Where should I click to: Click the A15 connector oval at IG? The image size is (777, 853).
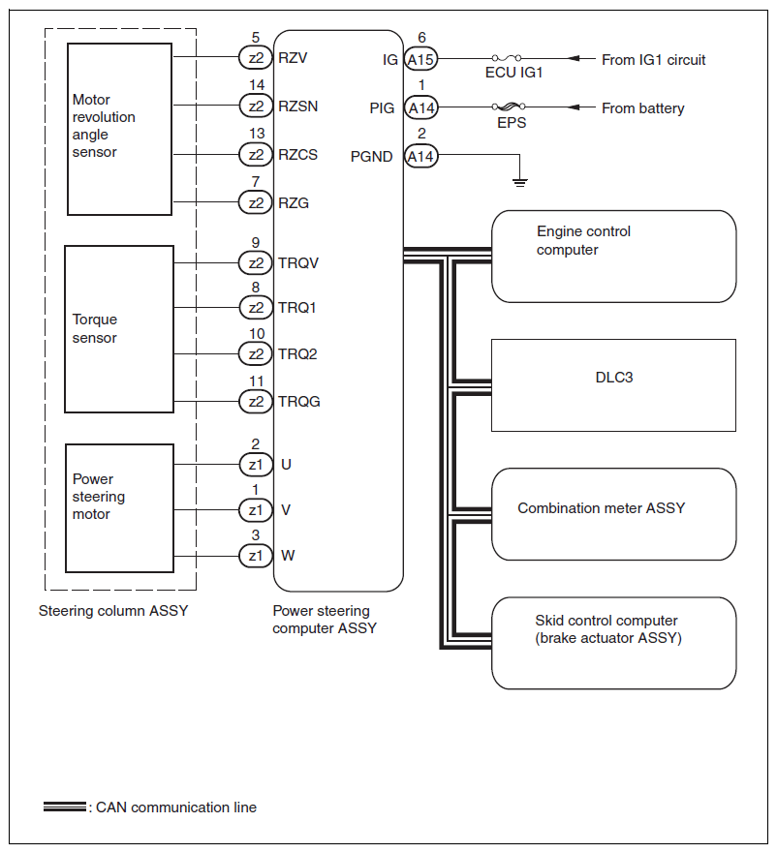click(x=420, y=59)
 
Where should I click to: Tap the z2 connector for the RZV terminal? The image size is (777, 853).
click(x=256, y=58)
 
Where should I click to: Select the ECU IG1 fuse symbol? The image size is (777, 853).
click(x=507, y=58)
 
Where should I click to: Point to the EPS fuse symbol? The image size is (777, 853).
click(x=509, y=107)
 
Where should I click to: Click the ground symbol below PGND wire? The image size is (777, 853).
click(x=520, y=182)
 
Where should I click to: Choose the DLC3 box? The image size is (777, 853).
click(x=613, y=385)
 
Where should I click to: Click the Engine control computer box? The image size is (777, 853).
click(x=613, y=257)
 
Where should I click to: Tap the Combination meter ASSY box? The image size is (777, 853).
click(x=613, y=514)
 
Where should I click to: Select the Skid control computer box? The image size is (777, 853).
click(x=613, y=643)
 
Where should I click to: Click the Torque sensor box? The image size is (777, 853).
click(x=119, y=329)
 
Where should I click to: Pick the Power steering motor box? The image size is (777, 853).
click(x=120, y=508)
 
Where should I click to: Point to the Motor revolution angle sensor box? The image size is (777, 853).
click(x=120, y=130)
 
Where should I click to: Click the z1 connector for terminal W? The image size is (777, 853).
click(x=256, y=556)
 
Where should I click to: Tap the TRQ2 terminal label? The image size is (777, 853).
click(x=297, y=354)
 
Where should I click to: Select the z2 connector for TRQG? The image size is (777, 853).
click(x=256, y=402)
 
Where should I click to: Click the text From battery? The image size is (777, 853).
click(x=642, y=108)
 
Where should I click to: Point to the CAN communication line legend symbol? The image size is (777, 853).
click(x=65, y=807)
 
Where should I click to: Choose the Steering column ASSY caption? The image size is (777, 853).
click(x=113, y=611)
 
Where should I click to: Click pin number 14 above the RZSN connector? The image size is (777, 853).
click(x=257, y=85)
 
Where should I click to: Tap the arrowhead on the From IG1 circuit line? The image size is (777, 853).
click(x=574, y=58)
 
